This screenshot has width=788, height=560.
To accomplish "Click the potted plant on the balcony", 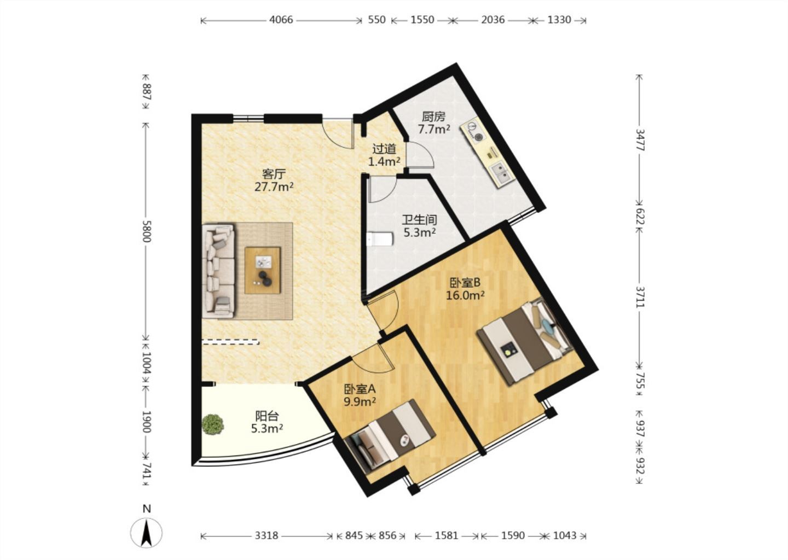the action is pyautogui.click(x=213, y=424).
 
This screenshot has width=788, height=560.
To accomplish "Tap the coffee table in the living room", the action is pyautogui.click(x=263, y=270).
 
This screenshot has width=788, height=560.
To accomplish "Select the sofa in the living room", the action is pyautogui.click(x=218, y=271).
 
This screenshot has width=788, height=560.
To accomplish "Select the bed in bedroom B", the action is pyautogui.click(x=524, y=341).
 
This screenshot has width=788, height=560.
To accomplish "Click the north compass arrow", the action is pyautogui.click(x=146, y=533).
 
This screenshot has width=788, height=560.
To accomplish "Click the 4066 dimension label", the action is pyautogui.click(x=281, y=20).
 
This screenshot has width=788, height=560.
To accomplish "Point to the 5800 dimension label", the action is pyautogui.click(x=147, y=231).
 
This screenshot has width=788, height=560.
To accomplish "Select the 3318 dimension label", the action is pyautogui.click(x=266, y=535).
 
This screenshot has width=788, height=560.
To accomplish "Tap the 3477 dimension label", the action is pyautogui.click(x=640, y=140).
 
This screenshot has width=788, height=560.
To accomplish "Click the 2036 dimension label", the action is pyautogui.click(x=493, y=20).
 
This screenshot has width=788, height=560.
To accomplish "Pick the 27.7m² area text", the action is pyautogui.click(x=274, y=186).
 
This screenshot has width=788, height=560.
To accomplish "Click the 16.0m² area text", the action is pyautogui.click(x=465, y=295).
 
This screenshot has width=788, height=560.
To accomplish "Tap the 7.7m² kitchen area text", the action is pyautogui.click(x=434, y=130).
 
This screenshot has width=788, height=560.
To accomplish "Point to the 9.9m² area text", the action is pyautogui.click(x=360, y=401).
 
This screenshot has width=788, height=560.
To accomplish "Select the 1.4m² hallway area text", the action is pyautogui.click(x=384, y=161).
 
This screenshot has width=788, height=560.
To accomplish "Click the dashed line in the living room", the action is pyautogui.click(x=231, y=341).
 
